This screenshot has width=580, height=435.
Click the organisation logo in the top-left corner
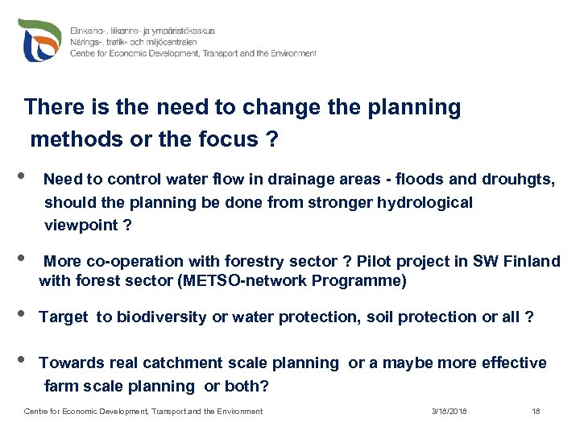click(39, 41)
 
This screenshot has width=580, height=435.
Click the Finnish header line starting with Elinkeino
click(143, 30)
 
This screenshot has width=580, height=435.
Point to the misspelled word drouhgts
click(518, 179)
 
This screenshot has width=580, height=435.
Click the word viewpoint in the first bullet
click(81, 226)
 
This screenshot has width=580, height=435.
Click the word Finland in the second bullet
click(532, 261)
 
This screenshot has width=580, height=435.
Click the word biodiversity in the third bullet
click(162, 317)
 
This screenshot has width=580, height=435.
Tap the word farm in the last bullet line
click(61, 386)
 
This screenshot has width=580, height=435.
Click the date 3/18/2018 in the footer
click(449, 412)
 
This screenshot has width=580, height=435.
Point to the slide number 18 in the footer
click(536, 412)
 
